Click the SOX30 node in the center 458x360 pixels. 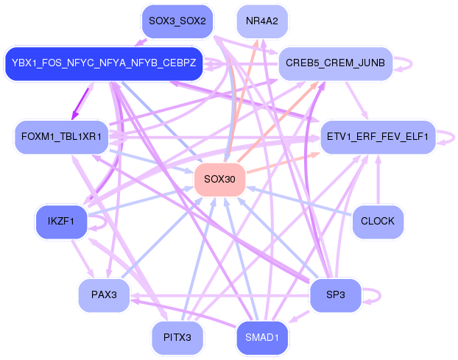coord(219,180)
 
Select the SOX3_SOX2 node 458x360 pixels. coord(177,21)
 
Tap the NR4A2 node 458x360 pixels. coord(262,21)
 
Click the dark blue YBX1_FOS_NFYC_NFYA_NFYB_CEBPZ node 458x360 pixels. coord(104,63)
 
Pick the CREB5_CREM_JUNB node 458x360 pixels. coord(335,63)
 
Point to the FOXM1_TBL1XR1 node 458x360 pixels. coord(61,137)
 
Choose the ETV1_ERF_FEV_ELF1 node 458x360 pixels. coord(378,137)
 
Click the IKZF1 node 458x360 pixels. coord(61,222)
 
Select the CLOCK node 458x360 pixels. coord(378,222)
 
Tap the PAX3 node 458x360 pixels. coord(104,295)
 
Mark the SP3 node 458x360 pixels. coord(335,295)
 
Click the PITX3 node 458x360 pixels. coord(177,337)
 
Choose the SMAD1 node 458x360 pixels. coord(262,337)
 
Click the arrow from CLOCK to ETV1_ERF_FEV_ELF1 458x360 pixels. coord(378,180)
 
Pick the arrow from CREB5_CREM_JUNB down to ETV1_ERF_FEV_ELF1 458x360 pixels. coord(356,100)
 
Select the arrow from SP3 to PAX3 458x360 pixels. coord(219,297)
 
